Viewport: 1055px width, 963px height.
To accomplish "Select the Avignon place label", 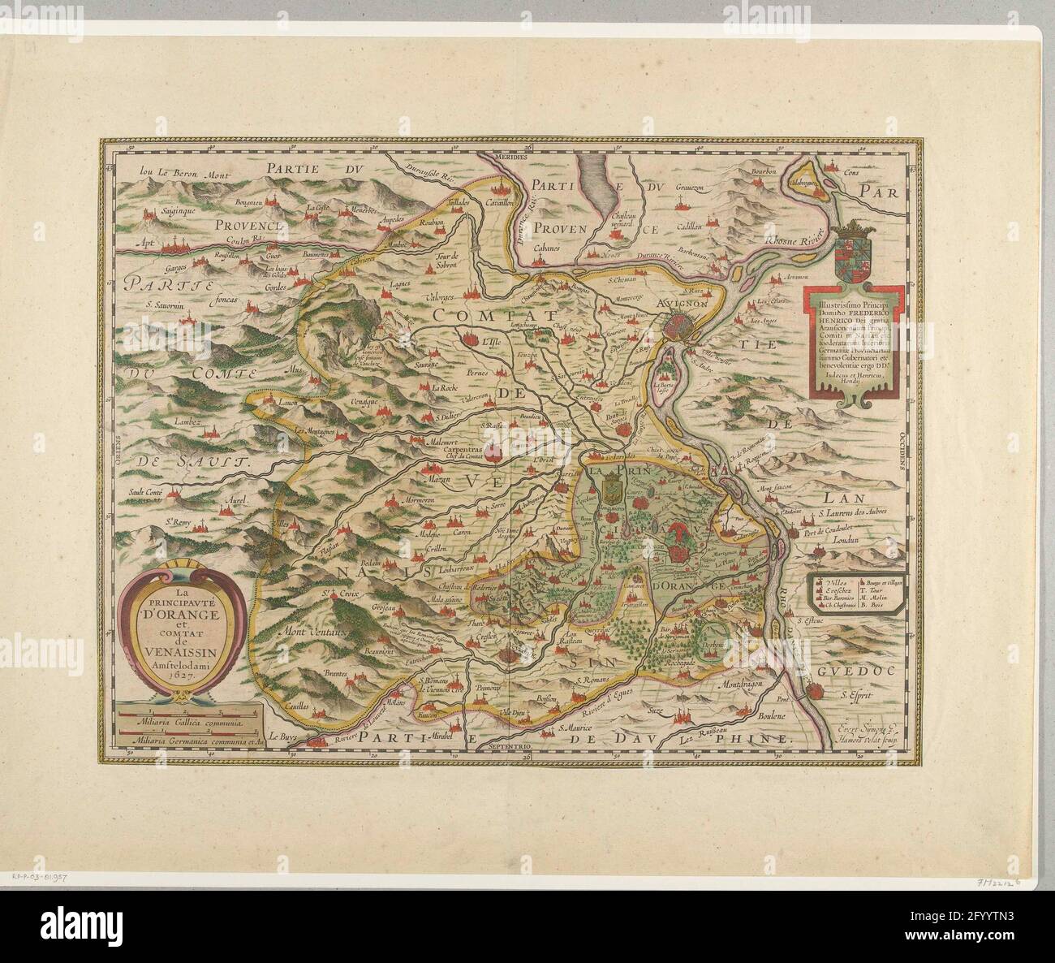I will coord(685,302).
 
